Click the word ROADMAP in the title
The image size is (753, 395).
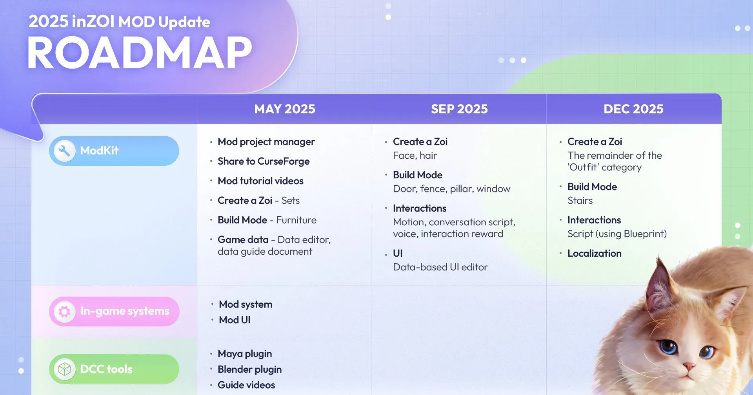(140, 53)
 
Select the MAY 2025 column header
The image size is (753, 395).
(285, 109)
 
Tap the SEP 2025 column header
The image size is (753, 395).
(459, 109)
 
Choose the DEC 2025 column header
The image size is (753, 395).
(633, 109)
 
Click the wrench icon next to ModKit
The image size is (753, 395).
(64, 150)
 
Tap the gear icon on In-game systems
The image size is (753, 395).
(64, 312)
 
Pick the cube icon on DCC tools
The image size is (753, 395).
(64, 369)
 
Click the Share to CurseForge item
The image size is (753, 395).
(264, 161)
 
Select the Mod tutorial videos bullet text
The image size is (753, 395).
(260, 181)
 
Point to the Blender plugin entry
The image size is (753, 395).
(249, 370)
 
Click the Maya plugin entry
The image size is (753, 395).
(245, 354)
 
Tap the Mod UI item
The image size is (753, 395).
(235, 320)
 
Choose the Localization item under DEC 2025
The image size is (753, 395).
(594, 254)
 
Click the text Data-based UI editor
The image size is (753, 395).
(440, 267)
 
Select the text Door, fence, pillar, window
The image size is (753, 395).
(451, 189)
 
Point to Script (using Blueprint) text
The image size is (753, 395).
(617, 234)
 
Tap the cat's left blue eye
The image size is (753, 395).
(668, 347)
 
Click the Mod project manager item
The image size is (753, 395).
(266, 142)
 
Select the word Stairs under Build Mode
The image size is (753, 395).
(580, 201)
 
